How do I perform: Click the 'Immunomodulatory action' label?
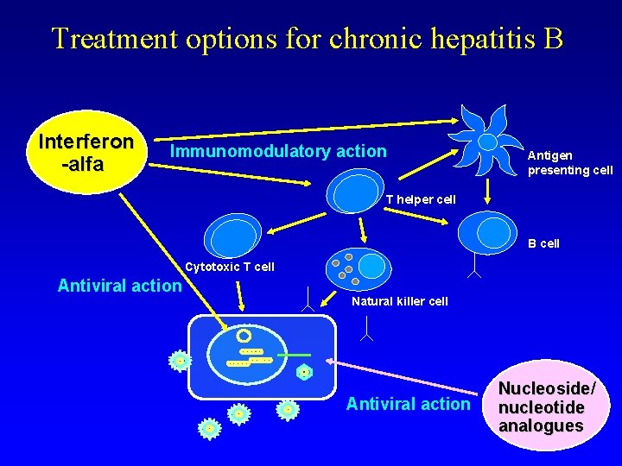point(278,152)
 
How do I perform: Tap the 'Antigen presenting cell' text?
point(570,162)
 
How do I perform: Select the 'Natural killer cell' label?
point(399,301)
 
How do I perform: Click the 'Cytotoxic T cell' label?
point(230,267)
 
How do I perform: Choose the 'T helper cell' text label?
point(420,199)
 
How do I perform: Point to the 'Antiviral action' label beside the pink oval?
point(408,404)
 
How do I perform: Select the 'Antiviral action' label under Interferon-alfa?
point(119,286)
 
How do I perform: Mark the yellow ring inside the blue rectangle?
point(244,335)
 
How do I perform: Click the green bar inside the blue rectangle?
point(295,355)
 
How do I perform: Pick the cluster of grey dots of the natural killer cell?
point(345,268)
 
